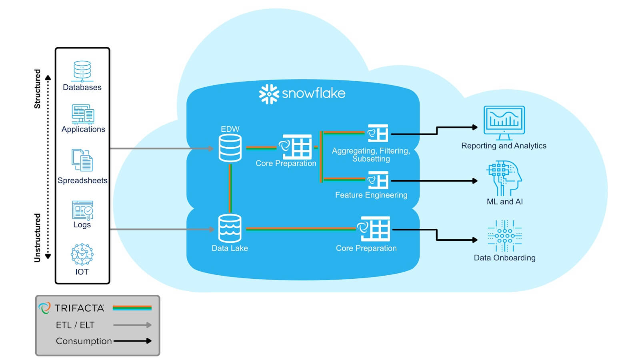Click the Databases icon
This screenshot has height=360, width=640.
(x=82, y=71)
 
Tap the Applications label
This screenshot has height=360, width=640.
(x=83, y=129)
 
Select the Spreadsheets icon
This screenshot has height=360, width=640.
(x=82, y=160)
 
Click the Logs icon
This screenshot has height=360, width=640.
(x=82, y=210)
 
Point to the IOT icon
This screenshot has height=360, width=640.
(x=82, y=254)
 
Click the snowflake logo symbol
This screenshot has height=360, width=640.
(x=269, y=94)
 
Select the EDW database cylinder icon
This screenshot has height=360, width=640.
(x=230, y=148)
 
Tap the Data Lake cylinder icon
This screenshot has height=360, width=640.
(x=230, y=228)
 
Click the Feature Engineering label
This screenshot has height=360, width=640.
(x=371, y=195)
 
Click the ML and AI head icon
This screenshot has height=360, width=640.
(x=504, y=178)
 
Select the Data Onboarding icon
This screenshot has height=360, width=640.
(x=504, y=236)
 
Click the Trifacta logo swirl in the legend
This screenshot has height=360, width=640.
(x=44, y=308)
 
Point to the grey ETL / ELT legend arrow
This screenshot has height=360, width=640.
(x=132, y=325)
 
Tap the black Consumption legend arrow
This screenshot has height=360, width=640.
(x=132, y=341)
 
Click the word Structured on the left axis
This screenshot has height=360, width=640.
(x=37, y=89)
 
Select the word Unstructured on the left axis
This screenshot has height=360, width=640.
(x=37, y=238)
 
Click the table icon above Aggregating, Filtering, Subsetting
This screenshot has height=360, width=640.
(x=378, y=133)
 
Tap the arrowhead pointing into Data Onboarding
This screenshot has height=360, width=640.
(x=475, y=240)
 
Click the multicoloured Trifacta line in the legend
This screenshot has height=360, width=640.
(x=132, y=308)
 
